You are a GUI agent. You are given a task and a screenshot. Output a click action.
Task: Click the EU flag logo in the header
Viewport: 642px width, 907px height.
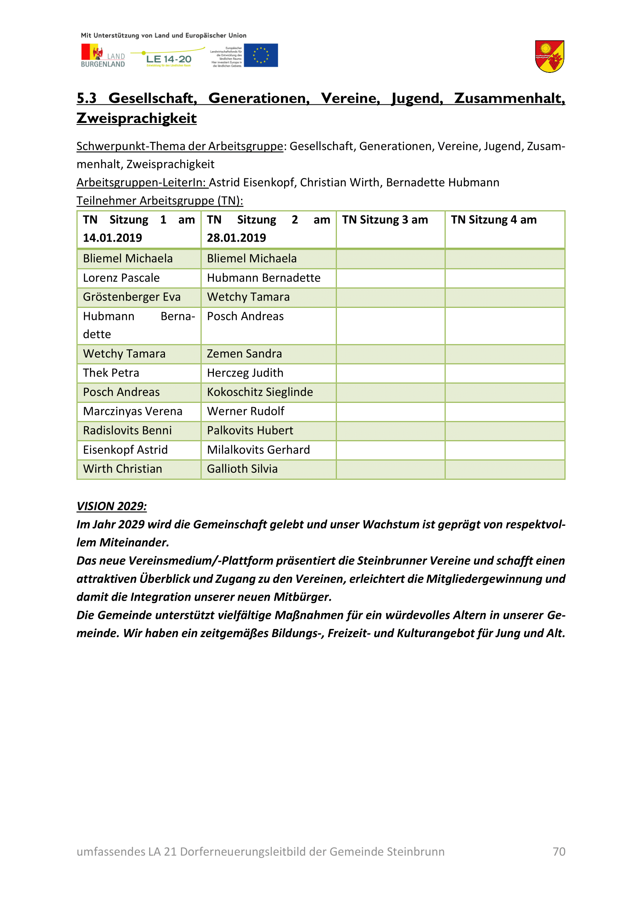tap(260, 55)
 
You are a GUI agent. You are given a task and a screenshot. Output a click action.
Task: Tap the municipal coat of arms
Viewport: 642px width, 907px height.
tap(549, 57)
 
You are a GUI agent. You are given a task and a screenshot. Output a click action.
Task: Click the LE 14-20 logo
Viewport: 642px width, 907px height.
tap(168, 59)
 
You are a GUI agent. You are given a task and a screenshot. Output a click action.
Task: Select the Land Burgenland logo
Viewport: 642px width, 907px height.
tap(103, 56)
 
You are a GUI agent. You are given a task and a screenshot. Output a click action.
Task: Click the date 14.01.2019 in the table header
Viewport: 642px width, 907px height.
tap(112, 238)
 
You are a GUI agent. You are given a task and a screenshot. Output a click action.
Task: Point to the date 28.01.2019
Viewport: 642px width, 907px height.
tap(236, 238)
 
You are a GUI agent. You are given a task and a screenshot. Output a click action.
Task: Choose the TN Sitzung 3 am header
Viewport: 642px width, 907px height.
tap(385, 219)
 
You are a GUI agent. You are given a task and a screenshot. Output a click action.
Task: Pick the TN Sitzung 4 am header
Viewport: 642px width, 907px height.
tap(494, 219)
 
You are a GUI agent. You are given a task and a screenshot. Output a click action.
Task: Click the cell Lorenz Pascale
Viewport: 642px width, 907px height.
tap(121, 278)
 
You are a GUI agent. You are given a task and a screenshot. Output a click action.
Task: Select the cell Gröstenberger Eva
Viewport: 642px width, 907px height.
tap(132, 297)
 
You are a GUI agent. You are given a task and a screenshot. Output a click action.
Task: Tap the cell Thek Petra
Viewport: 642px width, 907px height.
tap(111, 373)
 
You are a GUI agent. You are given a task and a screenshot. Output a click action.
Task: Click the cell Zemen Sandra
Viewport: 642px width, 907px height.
tap(244, 354)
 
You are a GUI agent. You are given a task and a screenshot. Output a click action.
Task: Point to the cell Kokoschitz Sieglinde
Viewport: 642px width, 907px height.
tap(260, 392)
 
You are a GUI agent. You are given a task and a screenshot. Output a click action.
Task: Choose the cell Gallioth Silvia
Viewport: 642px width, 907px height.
tap(242, 469)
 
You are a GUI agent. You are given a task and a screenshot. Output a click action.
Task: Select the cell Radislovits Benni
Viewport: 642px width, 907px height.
tap(127, 430)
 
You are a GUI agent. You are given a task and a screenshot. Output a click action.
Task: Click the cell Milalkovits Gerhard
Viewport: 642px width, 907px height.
tap(259, 450)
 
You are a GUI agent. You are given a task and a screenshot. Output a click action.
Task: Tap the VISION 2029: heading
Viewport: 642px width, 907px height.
tap(111, 506)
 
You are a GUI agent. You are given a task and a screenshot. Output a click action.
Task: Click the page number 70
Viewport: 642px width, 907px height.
tap(559, 852)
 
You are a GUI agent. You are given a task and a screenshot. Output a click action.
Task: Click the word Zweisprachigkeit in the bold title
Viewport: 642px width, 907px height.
tap(136, 119)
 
